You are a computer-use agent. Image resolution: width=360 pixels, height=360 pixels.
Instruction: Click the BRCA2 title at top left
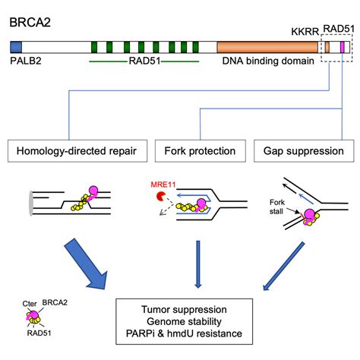tap(30, 22)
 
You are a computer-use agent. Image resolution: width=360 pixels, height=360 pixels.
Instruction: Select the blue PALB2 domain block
tap(16, 47)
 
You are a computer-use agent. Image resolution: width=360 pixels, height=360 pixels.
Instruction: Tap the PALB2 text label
tap(26, 61)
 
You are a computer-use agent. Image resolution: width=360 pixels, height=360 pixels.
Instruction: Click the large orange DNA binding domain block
tap(267, 47)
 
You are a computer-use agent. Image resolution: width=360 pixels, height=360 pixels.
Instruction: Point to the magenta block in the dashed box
tap(343, 47)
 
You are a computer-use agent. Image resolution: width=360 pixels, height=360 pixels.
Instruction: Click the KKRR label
tap(305, 32)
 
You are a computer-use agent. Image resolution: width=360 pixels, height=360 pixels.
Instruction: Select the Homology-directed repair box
tap(77, 151)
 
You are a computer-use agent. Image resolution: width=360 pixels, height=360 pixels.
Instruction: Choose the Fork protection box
tap(201, 151)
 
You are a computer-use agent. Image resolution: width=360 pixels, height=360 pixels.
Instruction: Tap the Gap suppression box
tap(304, 151)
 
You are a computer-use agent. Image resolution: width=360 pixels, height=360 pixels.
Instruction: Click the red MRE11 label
tap(163, 185)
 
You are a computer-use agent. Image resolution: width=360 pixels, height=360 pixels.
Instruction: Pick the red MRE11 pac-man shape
tap(160, 197)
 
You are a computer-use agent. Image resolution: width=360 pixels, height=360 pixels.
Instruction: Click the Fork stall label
tap(276, 207)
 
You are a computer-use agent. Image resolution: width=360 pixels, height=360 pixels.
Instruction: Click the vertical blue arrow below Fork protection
tap(198, 264)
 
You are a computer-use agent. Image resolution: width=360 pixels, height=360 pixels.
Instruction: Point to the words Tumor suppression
tap(184, 310)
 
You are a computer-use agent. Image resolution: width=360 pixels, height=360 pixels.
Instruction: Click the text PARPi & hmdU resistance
tap(184, 333)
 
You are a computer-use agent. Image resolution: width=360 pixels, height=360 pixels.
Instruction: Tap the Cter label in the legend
tap(30, 304)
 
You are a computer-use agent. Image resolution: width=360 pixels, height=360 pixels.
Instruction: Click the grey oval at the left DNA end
tap(31, 204)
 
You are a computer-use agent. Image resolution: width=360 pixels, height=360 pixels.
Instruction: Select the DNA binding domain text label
tap(268, 61)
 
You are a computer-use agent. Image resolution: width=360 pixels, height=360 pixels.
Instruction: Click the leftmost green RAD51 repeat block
tap(94, 47)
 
